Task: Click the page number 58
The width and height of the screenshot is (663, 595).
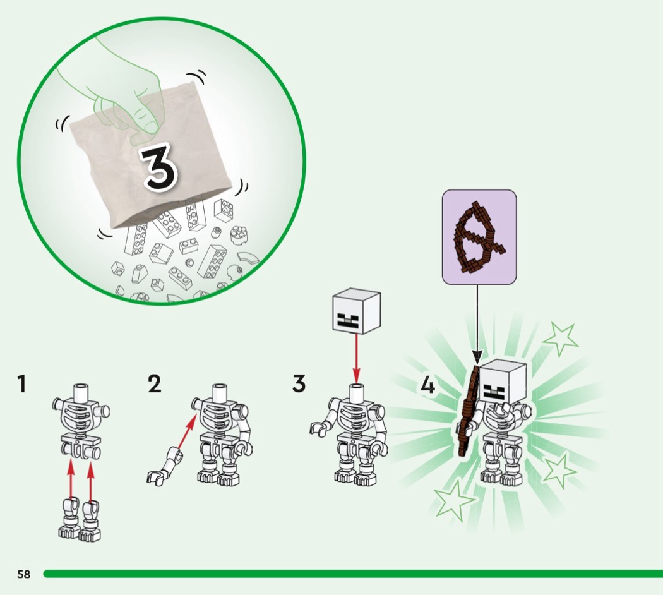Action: coord(24,574)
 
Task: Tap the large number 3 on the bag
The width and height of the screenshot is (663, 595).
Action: coord(159,165)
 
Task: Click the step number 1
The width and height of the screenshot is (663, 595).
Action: coord(21,383)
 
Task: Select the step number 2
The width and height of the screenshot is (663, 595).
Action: coord(155,384)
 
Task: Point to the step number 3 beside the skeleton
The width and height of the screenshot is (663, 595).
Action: coord(299,383)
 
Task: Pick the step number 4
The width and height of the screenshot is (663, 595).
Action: coord(428,386)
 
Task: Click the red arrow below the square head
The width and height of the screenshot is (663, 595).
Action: coord(357,358)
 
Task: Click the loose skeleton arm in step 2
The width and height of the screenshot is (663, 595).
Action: coord(165,466)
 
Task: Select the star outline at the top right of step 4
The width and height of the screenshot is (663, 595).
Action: coord(561,340)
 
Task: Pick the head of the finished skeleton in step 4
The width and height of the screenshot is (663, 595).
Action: coord(503,382)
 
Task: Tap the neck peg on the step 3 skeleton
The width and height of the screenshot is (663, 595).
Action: coord(357,392)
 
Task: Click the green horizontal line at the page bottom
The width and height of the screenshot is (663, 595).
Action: coord(353,574)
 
